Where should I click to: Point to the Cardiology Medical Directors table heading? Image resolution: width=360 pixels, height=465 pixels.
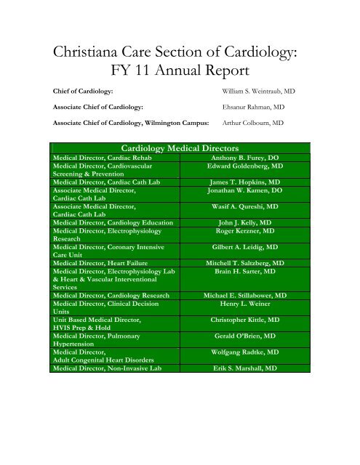(180, 149)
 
